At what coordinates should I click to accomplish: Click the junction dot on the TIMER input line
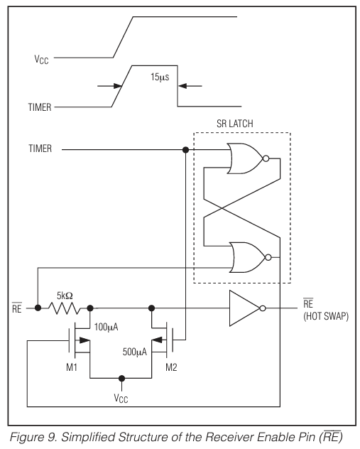click(186, 151)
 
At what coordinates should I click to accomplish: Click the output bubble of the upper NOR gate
click(266, 160)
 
